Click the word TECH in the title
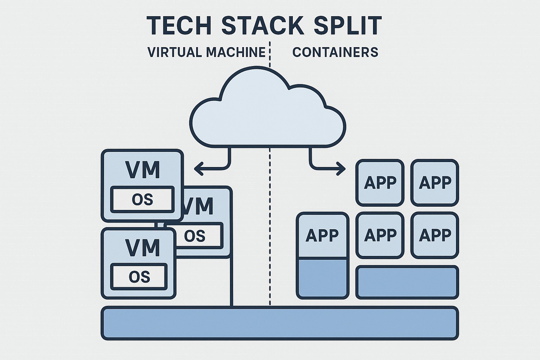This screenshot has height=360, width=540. (x=179, y=26)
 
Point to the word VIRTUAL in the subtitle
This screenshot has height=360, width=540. (x=175, y=52)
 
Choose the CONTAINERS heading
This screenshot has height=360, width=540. (x=335, y=52)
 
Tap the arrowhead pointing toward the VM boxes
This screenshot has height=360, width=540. (x=199, y=168)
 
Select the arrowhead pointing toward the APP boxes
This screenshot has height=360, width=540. (x=341, y=168)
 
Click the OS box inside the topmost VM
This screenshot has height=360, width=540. (x=142, y=200)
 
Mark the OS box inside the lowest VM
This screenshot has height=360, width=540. (x=139, y=277)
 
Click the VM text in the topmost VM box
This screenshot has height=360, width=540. (x=142, y=170)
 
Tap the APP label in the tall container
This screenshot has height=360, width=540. (x=322, y=235)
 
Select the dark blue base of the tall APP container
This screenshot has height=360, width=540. (x=322, y=278)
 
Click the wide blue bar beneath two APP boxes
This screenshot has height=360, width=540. (x=407, y=282)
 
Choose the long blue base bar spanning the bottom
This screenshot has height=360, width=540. (x=279, y=323)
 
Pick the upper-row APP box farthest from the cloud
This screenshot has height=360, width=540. (x=435, y=183)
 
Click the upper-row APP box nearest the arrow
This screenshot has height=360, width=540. (x=380, y=183)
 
